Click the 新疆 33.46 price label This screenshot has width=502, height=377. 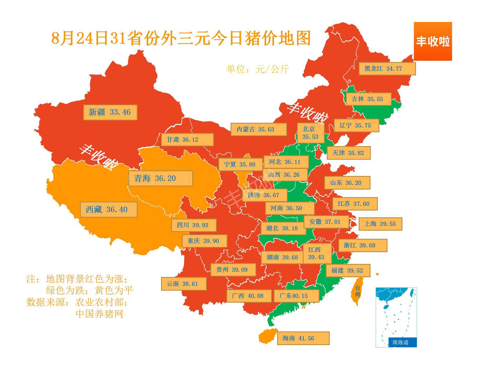pyautogui.click(x=110, y=112)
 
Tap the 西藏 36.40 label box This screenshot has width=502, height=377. pyautogui.click(x=109, y=209)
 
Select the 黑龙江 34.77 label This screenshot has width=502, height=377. pyautogui.click(x=387, y=69)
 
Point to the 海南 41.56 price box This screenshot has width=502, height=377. pyautogui.click(x=303, y=338)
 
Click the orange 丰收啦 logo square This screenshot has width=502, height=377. pyautogui.click(x=433, y=41)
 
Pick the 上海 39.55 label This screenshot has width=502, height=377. pyautogui.click(x=380, y=224)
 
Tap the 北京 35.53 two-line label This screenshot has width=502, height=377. pyautogui.click(x=311, y=133)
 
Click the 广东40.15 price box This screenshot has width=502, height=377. pyautogui.click(x=296, y=296)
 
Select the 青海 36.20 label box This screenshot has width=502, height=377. pyautogui.click(x=160, y=179)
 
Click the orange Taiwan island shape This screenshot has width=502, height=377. pyautogui.click(x=358, y=291)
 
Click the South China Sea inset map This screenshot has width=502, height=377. pyautogui.click(x=396, y=317)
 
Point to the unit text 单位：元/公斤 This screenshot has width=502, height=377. pyautogui.click(x=258, y=69)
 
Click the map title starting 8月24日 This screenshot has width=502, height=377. pyautogui.click(x=180, y=38)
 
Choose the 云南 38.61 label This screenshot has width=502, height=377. pyautogui.click(x=184, y=284)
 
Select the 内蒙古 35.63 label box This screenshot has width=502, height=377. pyautogui.click(x=258, y=129)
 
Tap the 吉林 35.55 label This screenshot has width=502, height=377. pyautogui.click(x=368, y=99)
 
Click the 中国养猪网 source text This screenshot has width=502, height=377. pyautogui.click(x=99, y=314)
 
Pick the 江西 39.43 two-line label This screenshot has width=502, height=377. pyautogui.click(x=317, y=253)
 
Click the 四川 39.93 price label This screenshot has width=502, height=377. pyautogui.click(x=194, y=225)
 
